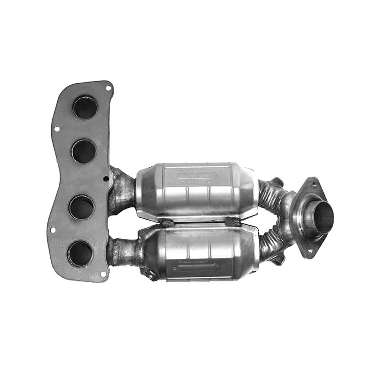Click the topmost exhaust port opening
coord(85,107)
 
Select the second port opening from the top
coord(84,151)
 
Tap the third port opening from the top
coord(82,207)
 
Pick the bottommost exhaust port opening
coord(80,254)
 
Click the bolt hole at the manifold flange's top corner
coord(108,88)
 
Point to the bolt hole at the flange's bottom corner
coord(103,274)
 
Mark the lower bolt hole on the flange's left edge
coord(52,230)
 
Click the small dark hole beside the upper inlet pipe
coord(106,179)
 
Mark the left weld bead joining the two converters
coord(166,223)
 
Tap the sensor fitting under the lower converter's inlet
coord(148,274)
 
